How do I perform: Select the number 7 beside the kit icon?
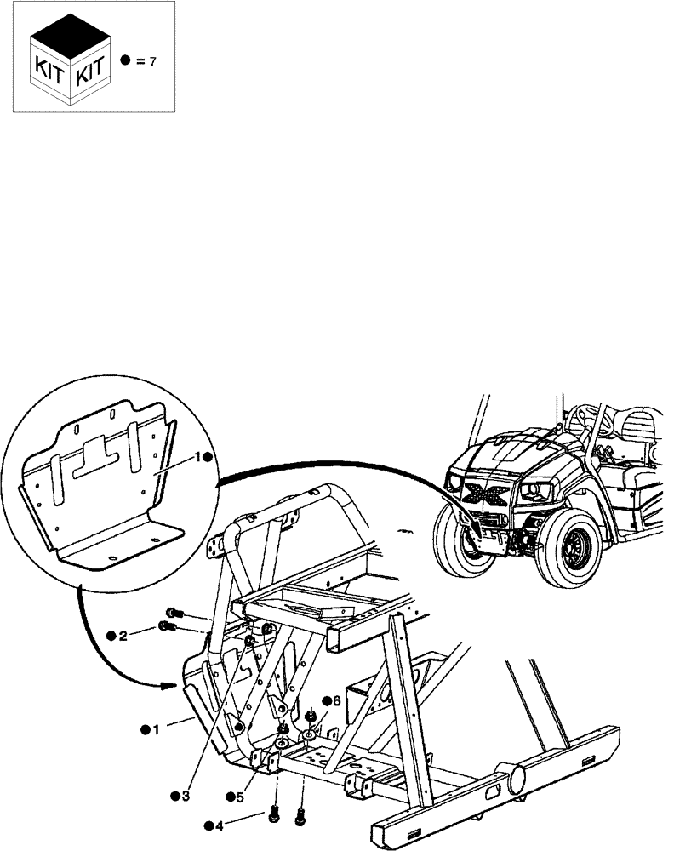[151, 62]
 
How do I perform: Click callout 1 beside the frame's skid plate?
[155, 730]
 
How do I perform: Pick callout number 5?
[240, 796]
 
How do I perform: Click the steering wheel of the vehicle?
[585, 418]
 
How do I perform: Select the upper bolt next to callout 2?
[173, 613]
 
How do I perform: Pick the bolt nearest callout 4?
[275, 814]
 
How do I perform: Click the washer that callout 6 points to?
[307, 733]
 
